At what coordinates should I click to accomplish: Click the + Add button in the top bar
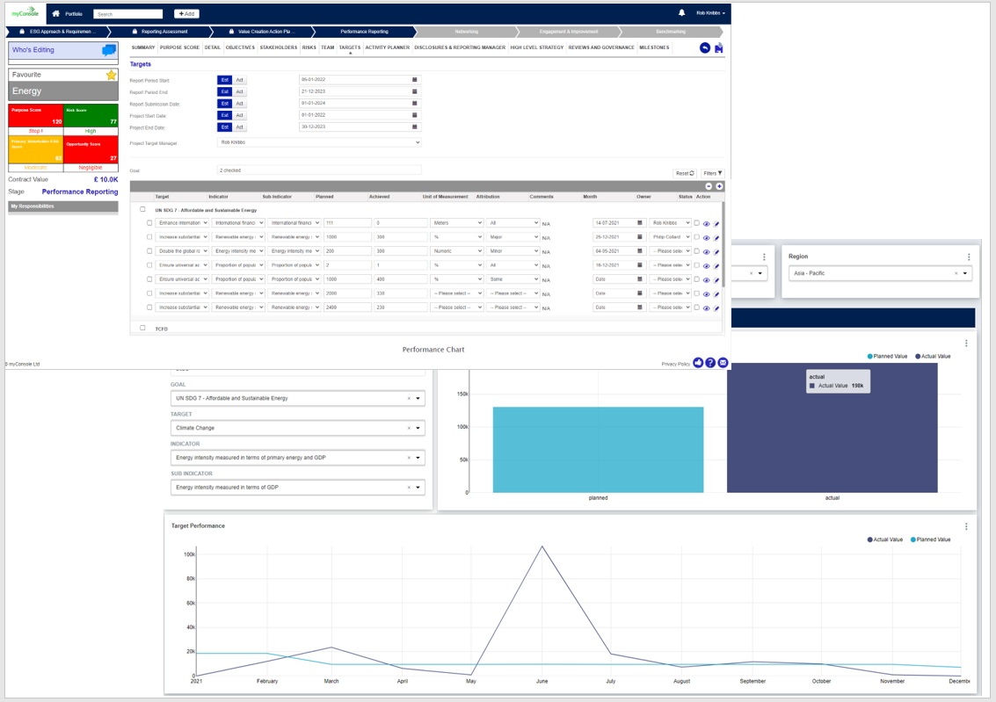[x=186, y=14]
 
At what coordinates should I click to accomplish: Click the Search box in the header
[x=128, y=14]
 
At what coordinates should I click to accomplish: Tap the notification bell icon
[x=681, y=13]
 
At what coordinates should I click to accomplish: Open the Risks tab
[x=309, y=47]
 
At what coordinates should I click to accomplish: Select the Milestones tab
[x=654, y=47]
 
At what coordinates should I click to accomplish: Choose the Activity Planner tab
[x=388, y=47]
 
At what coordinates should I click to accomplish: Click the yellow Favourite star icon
[x=112, y=75]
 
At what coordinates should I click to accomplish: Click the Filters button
[x=713, y=173]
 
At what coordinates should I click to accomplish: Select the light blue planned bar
[x=598, y=449]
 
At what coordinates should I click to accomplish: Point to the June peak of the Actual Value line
[x=542, y=546]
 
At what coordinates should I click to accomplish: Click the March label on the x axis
[x=331, y=681]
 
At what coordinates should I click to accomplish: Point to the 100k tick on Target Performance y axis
[x=189, y=554]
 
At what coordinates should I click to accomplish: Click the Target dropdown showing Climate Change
[x=297, y=428]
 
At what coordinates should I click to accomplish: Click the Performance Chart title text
[x=433, y=350]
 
